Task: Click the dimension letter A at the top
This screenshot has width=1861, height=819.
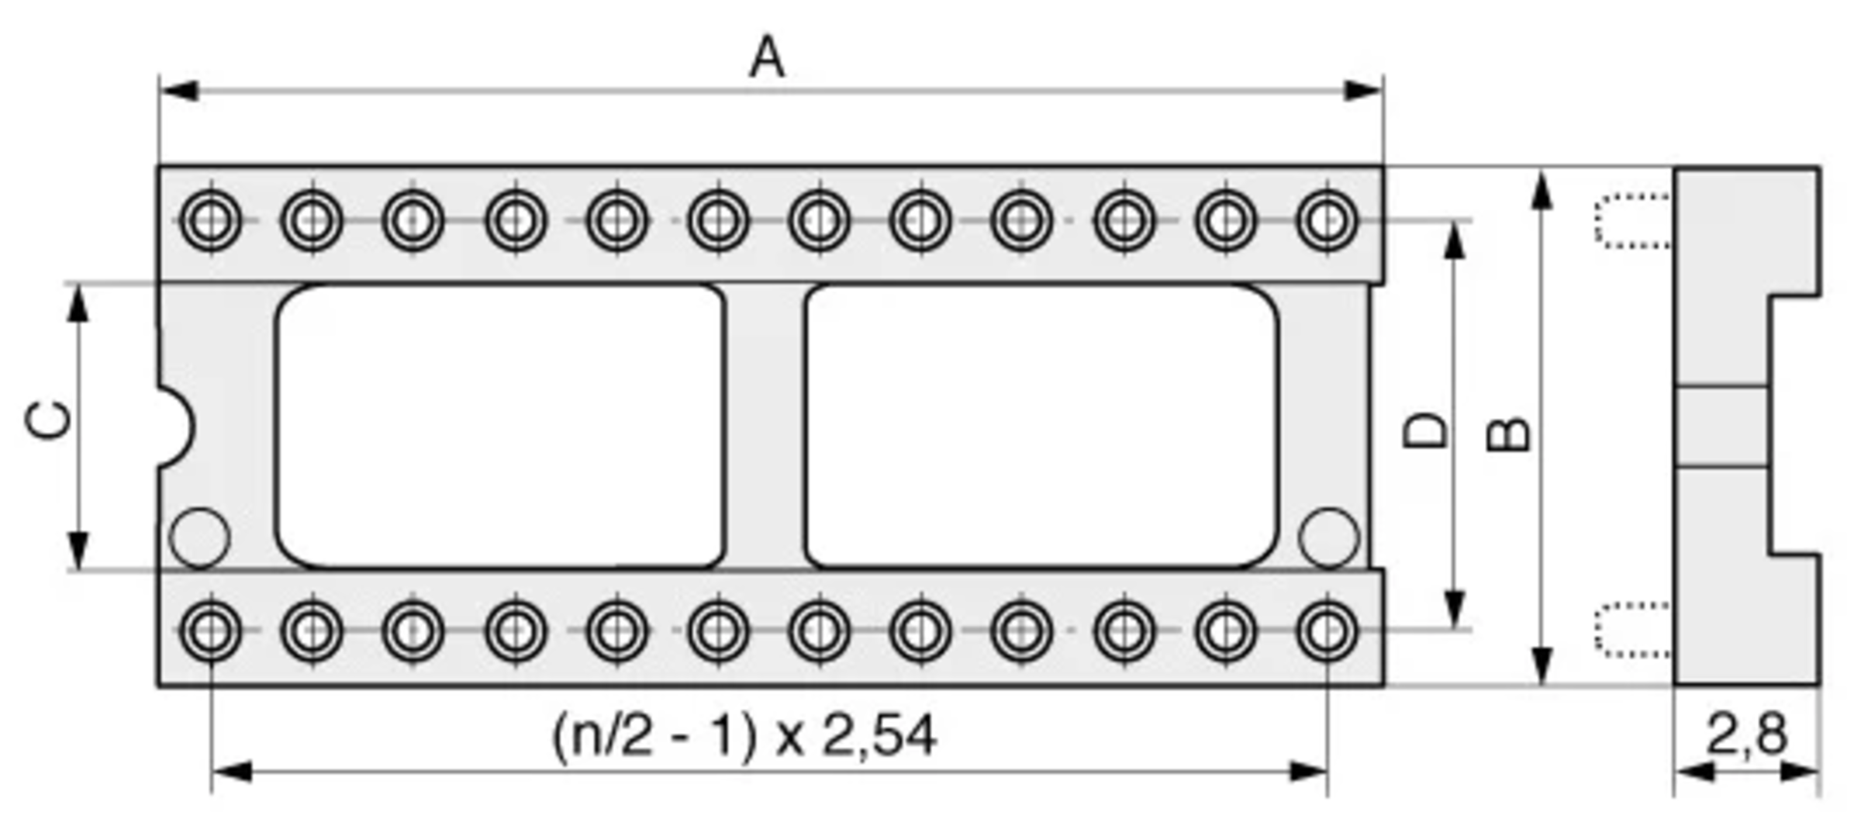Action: coord(767,57)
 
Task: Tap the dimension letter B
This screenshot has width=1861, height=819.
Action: coord(1508,435)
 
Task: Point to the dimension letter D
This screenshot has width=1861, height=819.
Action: coord(1426,432)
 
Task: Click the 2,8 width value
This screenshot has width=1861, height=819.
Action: coord(1747,734)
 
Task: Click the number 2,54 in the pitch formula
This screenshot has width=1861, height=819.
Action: coord(879,736)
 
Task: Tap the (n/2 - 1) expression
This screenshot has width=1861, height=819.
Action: coord(654,738)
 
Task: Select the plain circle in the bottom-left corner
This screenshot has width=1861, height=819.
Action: coord(199,537)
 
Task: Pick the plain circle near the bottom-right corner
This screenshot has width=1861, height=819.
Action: coord(1329,537)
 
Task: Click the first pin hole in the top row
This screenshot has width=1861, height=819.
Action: coord(210,221)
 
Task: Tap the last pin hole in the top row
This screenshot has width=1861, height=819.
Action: coord(1328,221)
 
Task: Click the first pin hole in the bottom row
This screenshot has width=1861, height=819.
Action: coord(210,631)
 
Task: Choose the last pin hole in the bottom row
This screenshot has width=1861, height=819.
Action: coord(1328,631)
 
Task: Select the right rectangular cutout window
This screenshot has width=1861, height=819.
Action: coord(1041,427)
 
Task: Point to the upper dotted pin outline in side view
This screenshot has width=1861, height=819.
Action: coord(1633,222)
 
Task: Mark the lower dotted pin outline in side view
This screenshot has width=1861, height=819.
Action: coord(1633,630)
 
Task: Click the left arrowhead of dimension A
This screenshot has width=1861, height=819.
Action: coord(178,91)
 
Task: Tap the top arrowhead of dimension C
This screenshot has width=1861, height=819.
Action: coord(78,304)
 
